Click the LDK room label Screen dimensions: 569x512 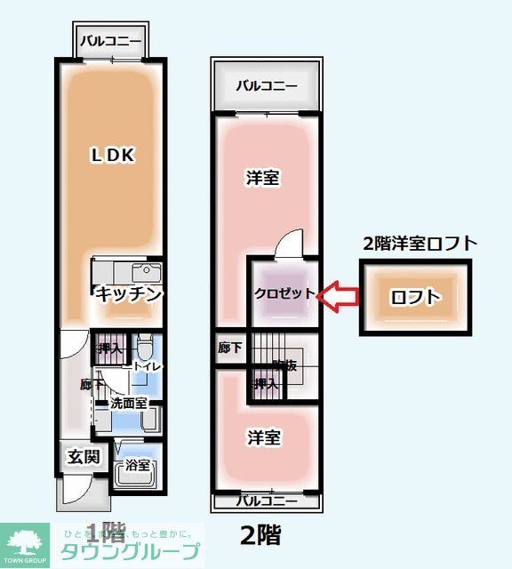pos(112,156)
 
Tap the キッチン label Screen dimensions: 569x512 pos(130,293)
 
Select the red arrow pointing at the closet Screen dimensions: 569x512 pos(339,295)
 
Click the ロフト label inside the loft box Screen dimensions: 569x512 pos(415,298)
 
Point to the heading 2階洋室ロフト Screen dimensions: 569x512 pos(420,243)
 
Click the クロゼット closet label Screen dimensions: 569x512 pos(284,293)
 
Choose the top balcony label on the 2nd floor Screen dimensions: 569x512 pos(266,86)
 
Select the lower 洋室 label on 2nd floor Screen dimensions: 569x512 pos(263,437)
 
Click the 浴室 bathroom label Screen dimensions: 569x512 pos(138,464)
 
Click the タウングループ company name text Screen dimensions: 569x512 pos(130,551)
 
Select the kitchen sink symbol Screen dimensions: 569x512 pos(146,271)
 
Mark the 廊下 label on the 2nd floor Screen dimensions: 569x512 pos(229,349)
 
